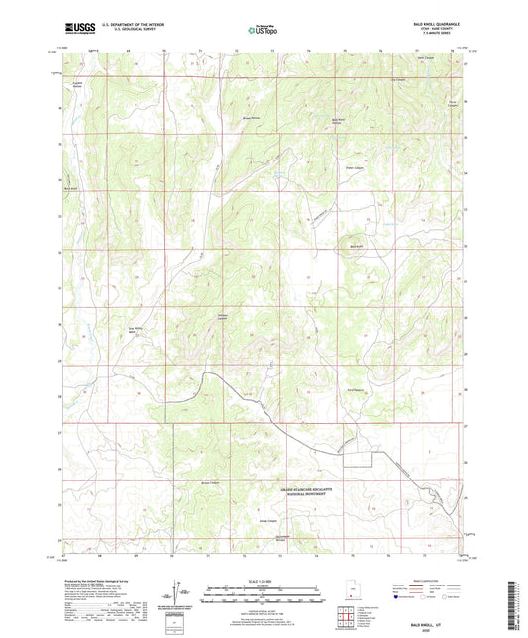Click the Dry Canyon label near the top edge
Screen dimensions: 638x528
(x=398, y=81)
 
